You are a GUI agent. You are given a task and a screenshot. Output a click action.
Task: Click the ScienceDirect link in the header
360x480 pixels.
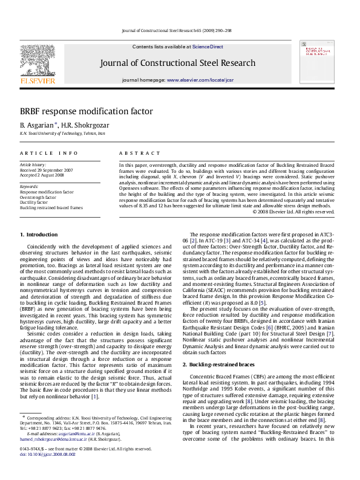[208, 47]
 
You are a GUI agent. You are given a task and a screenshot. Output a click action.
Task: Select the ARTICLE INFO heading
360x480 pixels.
[49, 154]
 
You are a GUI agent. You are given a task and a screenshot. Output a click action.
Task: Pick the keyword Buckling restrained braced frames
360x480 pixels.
[51, 207]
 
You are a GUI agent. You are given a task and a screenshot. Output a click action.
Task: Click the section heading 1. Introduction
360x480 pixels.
[39, 235]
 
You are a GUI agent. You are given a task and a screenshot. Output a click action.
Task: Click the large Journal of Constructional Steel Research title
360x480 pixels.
[177, 63]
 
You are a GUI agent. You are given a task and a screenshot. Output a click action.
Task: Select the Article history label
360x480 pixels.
[33, 165]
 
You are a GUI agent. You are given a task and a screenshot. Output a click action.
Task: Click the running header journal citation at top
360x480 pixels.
[177, 30]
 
